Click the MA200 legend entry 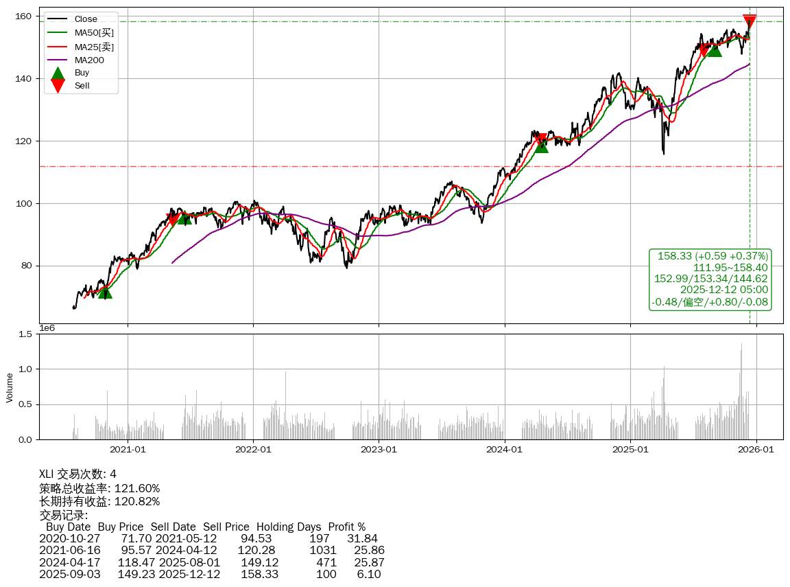89,60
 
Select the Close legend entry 86,19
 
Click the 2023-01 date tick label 379,450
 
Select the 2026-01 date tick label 756,450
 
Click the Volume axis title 10,387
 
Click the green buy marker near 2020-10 105,292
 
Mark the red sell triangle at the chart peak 750,21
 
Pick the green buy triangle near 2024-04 541,146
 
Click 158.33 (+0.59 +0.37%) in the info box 713,256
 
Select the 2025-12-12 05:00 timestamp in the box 723,290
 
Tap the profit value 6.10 368,574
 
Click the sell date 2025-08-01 189,562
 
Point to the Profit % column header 347,527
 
